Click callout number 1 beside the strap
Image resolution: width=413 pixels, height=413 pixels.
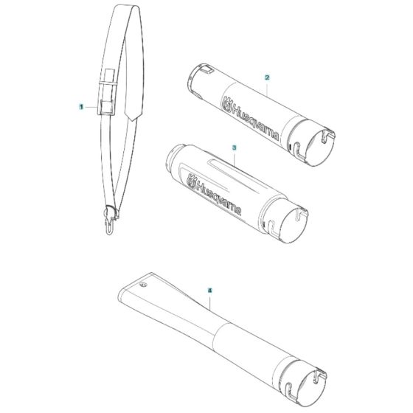tap(81, 107)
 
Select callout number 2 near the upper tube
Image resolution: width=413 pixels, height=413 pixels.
tap(267, 77)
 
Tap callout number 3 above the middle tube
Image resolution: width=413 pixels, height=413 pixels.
tap(234, 147)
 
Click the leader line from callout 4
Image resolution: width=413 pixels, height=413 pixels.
tap(212, 303)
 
